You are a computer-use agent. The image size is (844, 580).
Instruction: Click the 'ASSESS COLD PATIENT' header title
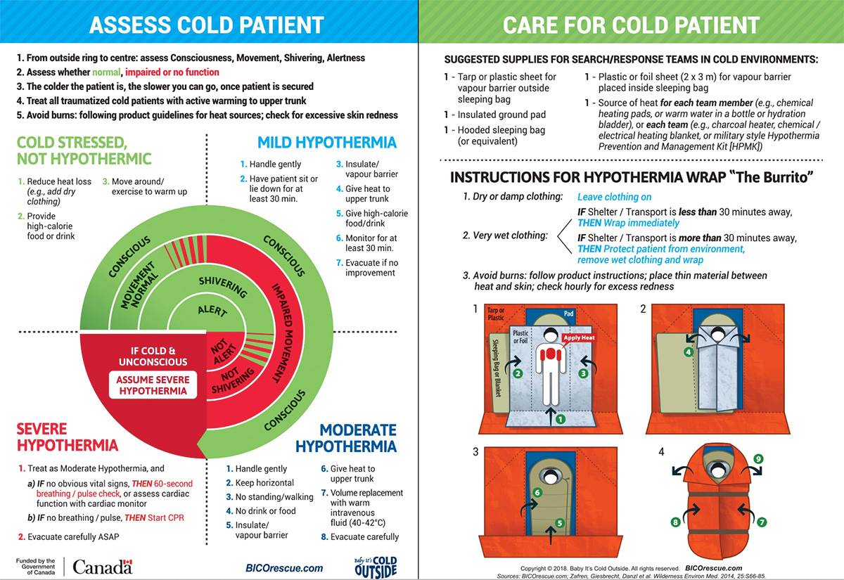coord(206,25)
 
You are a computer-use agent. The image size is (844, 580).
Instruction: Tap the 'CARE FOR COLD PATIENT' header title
coord(631,25)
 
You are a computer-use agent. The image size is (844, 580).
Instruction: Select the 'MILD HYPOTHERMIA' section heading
coord(326,143)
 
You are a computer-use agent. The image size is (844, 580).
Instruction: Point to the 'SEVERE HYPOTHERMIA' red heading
coord(67,437)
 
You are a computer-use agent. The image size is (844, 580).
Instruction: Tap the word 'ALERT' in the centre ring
coord(212,310)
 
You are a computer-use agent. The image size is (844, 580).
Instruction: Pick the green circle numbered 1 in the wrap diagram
coord(561,419)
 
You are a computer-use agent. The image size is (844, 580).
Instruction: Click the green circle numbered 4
coord(689,352)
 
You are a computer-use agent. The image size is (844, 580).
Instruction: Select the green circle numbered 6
coord(537,493)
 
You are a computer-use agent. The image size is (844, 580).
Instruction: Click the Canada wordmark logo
coord(102,567)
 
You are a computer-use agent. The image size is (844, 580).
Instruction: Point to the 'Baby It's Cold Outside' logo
coord(376,567)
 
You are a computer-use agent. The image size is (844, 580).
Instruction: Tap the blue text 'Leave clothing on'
coord(614,198)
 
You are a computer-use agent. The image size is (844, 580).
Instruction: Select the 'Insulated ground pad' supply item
coord(501,115)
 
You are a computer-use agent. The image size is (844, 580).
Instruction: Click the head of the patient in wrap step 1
coord(550,337)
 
